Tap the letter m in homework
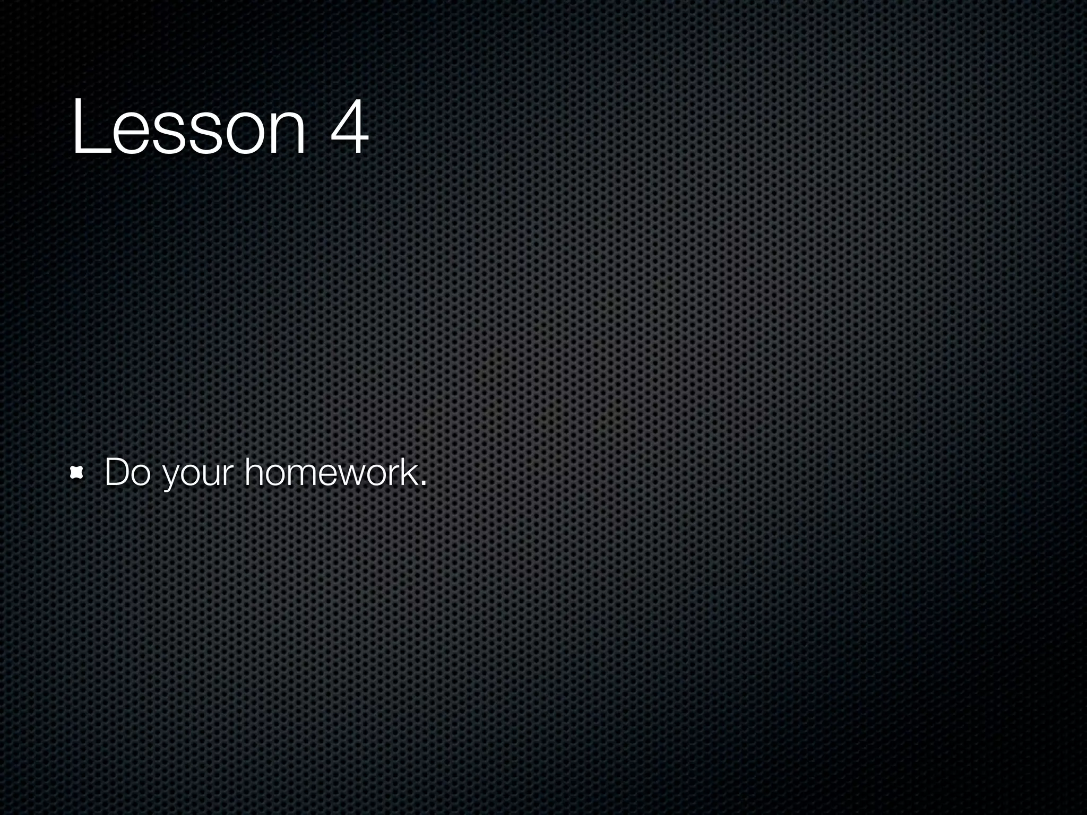point(304,474)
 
